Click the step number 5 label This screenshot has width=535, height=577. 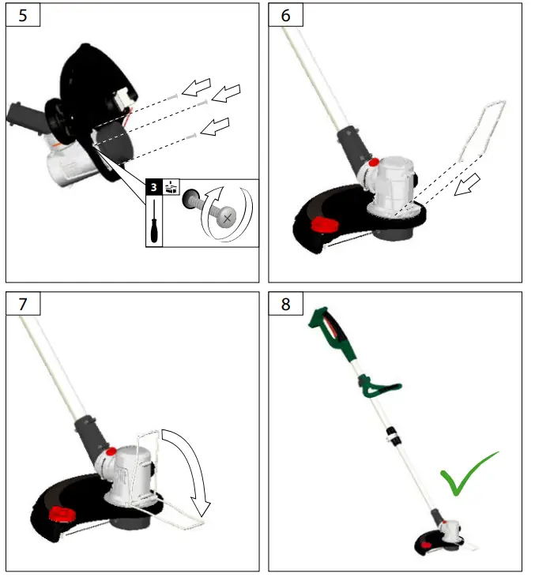coord(22,15)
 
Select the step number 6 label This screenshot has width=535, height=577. coord(284,15)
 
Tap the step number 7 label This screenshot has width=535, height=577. coord(22,304)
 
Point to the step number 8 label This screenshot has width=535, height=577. coord(284,304)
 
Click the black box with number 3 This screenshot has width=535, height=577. coord(154,189)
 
